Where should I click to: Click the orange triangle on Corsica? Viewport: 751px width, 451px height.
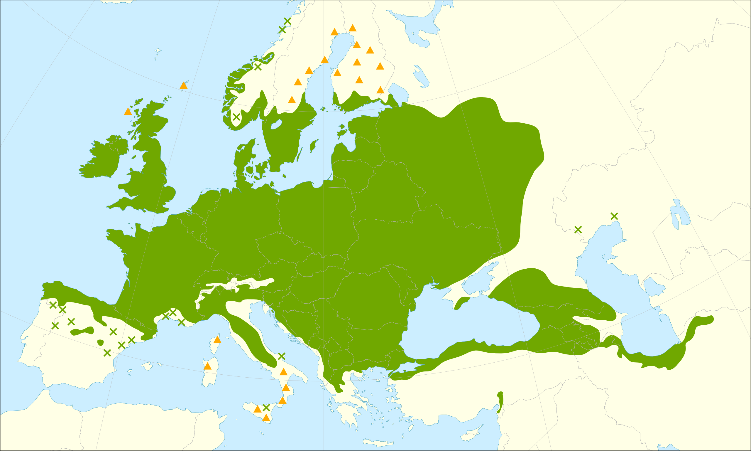click(x=217, y=340)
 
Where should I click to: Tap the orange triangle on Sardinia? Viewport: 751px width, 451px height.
click(x=207, y=366)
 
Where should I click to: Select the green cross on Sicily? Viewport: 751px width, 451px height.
click(x=266, y=408)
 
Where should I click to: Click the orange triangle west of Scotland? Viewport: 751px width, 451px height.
click(x=128, y=112)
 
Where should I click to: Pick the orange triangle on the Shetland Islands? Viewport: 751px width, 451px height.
click(x=183, y=85)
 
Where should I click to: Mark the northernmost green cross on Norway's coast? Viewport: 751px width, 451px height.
click(x=287, y=21)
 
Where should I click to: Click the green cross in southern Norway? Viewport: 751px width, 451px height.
click(x=236, y=117)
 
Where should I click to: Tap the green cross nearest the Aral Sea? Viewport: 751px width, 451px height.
click(x=614, y=216)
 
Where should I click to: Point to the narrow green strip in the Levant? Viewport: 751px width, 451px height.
click(x=500, y=403)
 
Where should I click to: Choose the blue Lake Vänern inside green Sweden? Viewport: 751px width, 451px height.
click(x=276, y=124)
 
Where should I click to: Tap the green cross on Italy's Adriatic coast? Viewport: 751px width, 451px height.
click(x=281, y=356)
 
